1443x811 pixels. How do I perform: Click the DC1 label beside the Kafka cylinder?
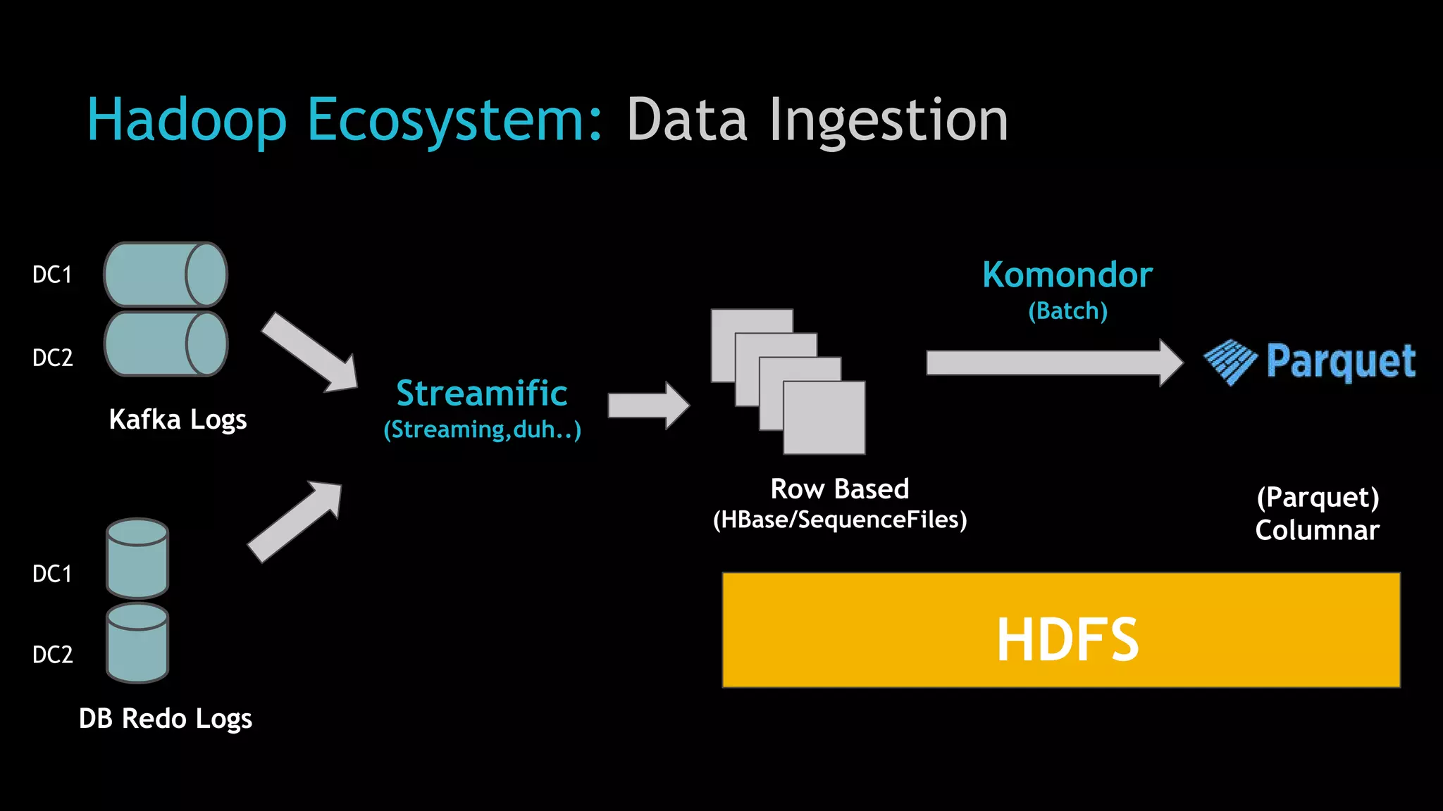(x=52, y=275)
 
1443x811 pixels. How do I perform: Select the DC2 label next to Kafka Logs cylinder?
(x=52, y=358)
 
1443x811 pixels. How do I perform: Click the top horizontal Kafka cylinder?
(x=166, y=275)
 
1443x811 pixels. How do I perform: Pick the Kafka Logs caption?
(x=178, y=420)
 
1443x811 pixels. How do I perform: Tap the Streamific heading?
(x=481, y=393)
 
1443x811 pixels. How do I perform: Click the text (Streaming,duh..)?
(x=482, y=429)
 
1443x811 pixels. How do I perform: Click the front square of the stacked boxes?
(x=824, y=418)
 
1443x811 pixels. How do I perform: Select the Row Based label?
(x=839, y=489)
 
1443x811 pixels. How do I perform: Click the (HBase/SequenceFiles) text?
(x=839, y=520)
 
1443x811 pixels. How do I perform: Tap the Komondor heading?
(x=1067, y=275)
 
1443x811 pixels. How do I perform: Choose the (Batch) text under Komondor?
(x=1067, y=311)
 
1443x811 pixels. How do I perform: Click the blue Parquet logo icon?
(x=1230, y=362)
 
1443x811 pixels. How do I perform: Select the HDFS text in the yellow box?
(x=1067, y=639)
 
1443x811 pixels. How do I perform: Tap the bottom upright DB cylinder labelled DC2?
(x=137, y=643)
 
